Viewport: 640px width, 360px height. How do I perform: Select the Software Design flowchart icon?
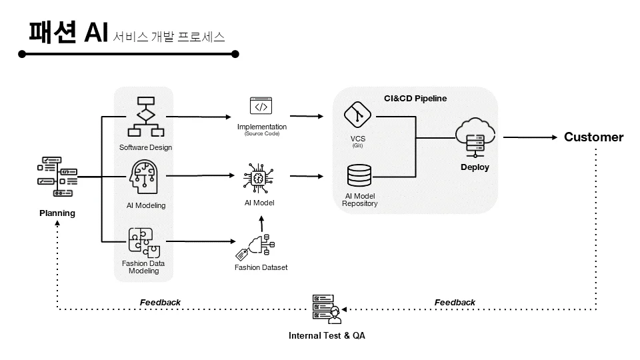[145, 117]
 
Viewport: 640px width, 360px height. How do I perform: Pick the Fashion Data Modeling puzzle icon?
[144, 242]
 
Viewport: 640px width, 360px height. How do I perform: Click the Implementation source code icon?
[261, 107]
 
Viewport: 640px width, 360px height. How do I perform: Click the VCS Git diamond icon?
[357, 115]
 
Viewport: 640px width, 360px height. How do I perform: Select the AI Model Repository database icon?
[359, 175]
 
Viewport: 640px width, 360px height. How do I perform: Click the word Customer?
[593, 137]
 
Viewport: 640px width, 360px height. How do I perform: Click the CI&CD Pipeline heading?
[415, 98]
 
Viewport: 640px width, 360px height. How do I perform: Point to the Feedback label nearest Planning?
[160, 302]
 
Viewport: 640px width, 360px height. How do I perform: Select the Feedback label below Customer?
[455, 302]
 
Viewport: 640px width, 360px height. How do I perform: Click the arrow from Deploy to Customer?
[529, 137]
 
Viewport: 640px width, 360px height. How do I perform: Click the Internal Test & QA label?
[327, 335]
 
